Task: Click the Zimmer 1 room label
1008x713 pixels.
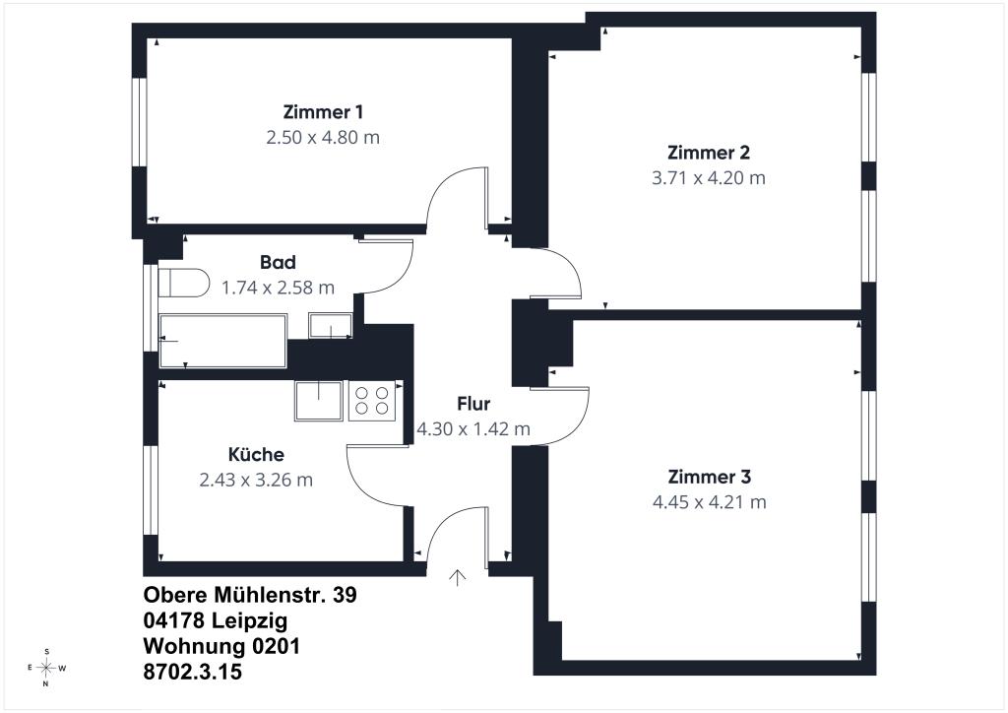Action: click(323, 112)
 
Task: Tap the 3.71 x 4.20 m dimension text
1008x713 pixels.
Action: click(709, 178)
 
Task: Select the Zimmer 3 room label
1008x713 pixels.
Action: click(709, 477)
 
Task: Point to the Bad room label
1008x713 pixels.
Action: click(278, 262)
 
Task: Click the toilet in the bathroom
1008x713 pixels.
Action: click(184, 283)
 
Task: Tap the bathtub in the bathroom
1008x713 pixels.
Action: click(222, 341)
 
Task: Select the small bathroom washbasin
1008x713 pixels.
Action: click(331, 325)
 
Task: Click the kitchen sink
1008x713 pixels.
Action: click(319, 401)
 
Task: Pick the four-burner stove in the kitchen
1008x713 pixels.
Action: click(372, 401)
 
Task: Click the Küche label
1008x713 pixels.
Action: click(256, 455)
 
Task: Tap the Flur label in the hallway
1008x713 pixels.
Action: click(473, 404)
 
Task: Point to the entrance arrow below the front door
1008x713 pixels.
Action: click(457, 577)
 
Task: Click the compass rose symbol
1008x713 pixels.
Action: click(45, 668)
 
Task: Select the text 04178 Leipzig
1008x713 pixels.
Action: click(216, 621)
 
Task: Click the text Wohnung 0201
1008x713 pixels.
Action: click(221, 646)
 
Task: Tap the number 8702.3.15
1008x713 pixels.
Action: click(193, 672)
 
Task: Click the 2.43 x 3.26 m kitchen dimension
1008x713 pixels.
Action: click(256, 481)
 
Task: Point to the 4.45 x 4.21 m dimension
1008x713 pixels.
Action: click(709, 502)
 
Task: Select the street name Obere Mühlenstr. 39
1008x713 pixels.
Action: click(250, 596)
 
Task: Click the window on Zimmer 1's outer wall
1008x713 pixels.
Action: click(140, 122)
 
